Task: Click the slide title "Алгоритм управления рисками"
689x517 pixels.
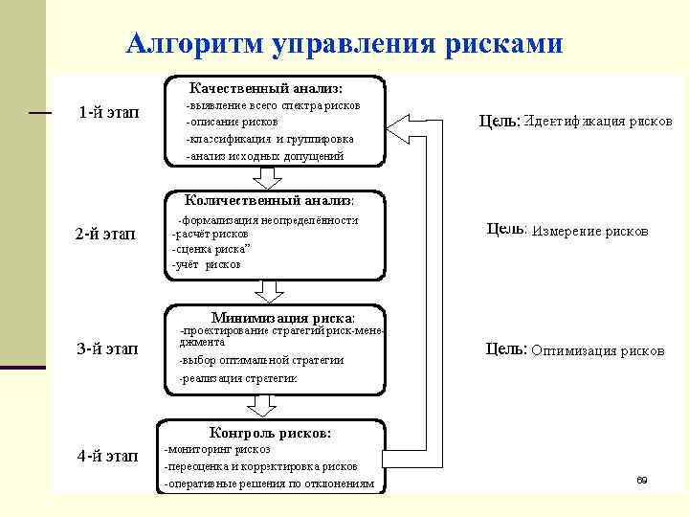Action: coord(345,44)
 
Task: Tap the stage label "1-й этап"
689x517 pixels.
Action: coord(107,113)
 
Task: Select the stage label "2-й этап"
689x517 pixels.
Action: coord(106,233)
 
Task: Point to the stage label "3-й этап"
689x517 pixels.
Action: coord(107,348)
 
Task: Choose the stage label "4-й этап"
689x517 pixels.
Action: coord(107,455)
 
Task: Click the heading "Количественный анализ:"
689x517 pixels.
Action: coord(269,200)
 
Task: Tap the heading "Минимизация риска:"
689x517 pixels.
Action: coord(282,317)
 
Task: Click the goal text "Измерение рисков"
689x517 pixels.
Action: coord(589,231)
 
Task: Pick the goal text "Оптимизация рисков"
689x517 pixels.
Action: coord(597,350)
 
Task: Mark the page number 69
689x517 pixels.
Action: coord(642,479)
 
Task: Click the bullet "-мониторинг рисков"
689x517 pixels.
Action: coord(218,448)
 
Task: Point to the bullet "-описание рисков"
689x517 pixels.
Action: coord(233,123)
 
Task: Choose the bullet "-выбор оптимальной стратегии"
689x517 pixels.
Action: coord(261,360)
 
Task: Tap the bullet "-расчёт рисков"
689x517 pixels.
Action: coord(211,233)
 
